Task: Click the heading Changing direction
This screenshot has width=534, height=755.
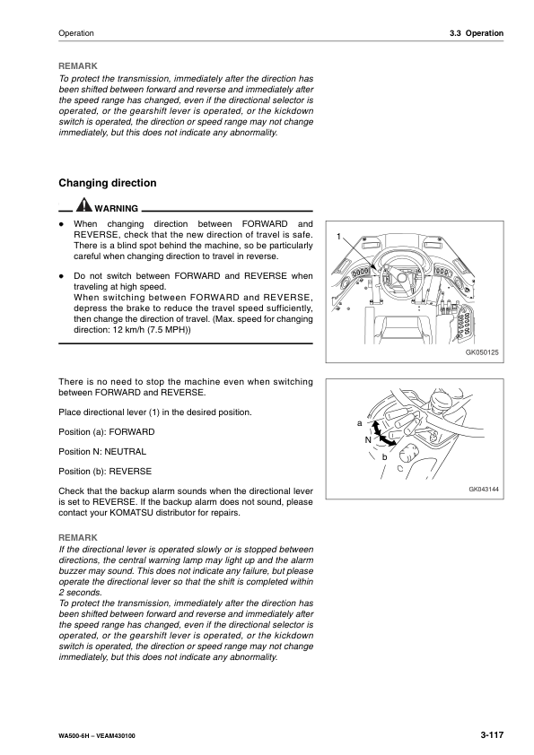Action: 107,183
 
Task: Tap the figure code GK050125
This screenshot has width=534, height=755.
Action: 482,353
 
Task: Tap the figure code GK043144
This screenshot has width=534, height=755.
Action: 483,490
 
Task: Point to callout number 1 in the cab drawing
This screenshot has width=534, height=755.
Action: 339,236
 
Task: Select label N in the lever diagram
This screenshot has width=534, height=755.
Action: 367,440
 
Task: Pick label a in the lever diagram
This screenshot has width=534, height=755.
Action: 359,422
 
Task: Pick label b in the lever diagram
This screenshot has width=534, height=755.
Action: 384,458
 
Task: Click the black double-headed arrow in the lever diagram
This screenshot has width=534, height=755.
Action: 381,437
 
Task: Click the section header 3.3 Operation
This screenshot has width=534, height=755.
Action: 476,33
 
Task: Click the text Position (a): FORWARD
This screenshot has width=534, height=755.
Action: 106,432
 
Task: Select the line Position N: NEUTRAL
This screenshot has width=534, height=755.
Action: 101,451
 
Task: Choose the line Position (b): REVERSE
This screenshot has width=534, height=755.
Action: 104,471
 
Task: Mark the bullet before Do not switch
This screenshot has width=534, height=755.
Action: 60,276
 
